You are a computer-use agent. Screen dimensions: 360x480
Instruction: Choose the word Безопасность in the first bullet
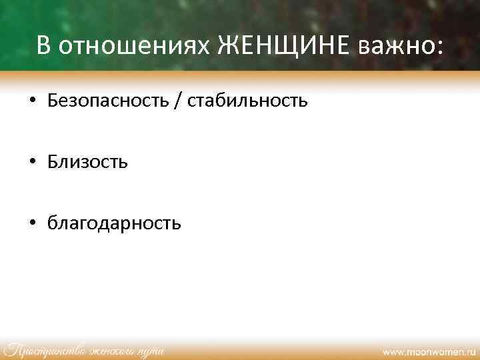tap(111, 101)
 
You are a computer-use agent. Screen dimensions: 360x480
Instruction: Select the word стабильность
tap(248, 101)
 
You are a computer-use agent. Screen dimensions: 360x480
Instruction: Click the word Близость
tap(87, 161)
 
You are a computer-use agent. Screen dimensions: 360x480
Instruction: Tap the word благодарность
tap(114, 222)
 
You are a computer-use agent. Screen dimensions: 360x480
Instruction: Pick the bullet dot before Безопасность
tap(32, 102)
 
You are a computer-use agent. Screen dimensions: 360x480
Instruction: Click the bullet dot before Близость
tap(32, 162)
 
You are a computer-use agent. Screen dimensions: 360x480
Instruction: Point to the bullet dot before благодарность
tap(32, 223)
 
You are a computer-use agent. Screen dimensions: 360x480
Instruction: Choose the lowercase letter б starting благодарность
tap(51, 221)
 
